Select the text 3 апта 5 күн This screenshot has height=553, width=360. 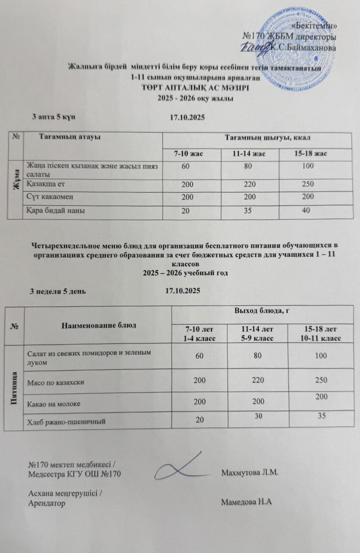pyautogui.click(x=55, y=117)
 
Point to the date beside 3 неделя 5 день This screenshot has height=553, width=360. pyautogui.click(x=183, y=291)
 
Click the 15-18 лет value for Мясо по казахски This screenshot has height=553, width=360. pyautogui.click(x=320, y=380)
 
